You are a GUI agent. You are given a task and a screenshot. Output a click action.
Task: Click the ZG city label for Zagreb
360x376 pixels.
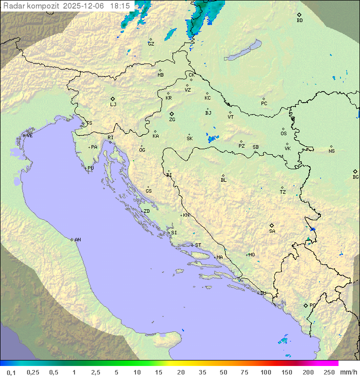click(x=172, y=120)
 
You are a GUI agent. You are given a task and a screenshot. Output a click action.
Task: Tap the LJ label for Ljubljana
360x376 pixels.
click(x=113, y=105)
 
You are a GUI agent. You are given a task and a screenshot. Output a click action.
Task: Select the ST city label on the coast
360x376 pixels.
click(x=198, y=245)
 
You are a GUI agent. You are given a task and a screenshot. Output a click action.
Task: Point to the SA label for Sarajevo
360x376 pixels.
click(x=272, y=231)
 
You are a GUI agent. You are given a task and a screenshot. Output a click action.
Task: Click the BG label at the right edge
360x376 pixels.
click(x=355, y=177)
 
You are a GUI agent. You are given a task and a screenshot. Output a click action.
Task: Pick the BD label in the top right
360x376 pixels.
click(x=299, y=21)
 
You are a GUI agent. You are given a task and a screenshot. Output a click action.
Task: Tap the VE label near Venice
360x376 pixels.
click(x=29, y=136)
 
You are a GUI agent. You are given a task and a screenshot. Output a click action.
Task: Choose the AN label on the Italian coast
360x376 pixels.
click(x=77, y=240)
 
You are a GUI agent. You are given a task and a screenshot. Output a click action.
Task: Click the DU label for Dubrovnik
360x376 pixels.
click(x=262, y=293)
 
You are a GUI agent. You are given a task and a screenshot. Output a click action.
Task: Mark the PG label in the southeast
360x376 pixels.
click(x=312, y=305)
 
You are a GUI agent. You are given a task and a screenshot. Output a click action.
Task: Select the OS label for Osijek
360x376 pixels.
click(x=283, y=134)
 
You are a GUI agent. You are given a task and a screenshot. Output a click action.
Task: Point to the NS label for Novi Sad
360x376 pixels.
click(x=331, y=151)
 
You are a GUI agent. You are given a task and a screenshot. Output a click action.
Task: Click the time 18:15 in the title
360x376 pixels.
click(x=120, y=6)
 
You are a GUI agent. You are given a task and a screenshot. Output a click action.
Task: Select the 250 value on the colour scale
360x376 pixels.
click(x=329, y=372)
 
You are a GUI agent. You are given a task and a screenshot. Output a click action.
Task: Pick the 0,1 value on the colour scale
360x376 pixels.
click(x=11, y=372)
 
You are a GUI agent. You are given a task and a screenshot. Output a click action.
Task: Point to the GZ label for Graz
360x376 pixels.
click(x=151, y=44)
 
